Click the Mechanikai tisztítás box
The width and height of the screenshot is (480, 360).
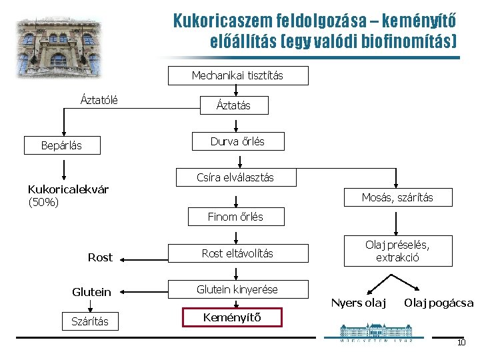click(237, 75)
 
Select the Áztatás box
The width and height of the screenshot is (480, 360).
click(233, 105)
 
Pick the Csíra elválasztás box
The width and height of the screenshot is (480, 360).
click(235, 177)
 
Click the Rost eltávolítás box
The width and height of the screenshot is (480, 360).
click(237, 253)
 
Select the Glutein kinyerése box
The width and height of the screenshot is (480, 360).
click(237, 289)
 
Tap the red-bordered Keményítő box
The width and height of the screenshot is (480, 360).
click(233, 317)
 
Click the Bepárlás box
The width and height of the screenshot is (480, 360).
click(61, 145)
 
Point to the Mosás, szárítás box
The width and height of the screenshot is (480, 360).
click(397, 197)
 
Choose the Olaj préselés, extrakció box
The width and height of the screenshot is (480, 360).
click(397, 251)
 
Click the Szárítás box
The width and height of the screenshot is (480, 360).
click(90, 321)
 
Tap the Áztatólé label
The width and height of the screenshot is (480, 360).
click(99, 101)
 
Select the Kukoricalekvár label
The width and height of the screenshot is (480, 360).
click(68, 189)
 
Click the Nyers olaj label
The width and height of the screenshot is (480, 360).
click(359, 303)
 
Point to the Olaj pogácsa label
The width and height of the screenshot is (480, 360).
click(439, 303)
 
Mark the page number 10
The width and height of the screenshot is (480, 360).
click(461, 343)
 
